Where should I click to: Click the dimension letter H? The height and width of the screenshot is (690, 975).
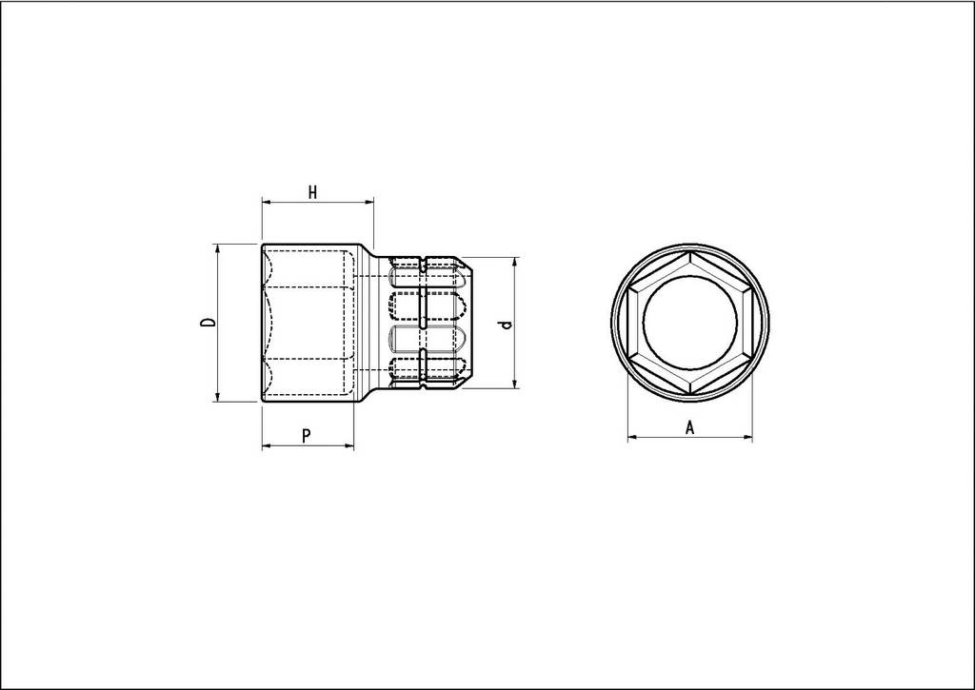(x=312, y=192)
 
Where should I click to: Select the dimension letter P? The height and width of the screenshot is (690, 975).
(x=306, y=436)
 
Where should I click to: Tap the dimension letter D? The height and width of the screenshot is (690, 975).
(x=209, y=324)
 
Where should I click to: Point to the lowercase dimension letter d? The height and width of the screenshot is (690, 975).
(x=507, y=325)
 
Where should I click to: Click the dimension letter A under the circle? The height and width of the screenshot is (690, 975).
(x=690, y=428)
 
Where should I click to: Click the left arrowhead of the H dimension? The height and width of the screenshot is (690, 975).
(x=267, y=202)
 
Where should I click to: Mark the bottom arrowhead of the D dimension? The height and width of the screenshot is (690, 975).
(x=218, y=397)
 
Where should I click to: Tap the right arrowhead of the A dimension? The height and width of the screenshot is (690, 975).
(x=747, y=438)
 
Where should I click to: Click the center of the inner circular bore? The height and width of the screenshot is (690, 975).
(x=690, y=324)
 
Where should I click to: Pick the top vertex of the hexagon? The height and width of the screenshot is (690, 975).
(x=690, y=253)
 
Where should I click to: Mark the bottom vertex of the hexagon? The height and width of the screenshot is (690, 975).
(x=690, y=394)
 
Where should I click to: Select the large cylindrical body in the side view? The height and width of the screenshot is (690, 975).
(x=309, y=324)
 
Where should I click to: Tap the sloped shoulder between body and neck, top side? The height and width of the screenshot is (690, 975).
(x=367, y=251)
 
